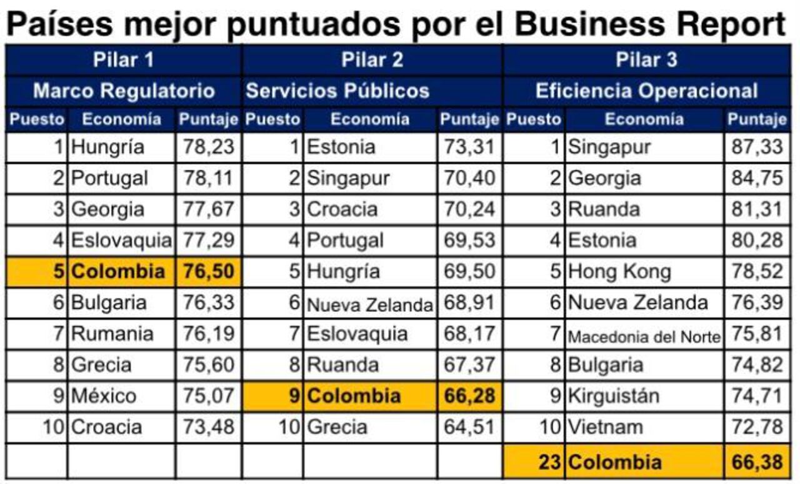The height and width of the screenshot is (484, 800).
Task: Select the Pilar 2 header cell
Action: [x=372, y=60]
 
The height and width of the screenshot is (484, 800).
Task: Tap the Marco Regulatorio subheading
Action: [x=124, y=91]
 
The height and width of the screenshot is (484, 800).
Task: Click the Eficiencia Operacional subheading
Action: [x=646, y=91]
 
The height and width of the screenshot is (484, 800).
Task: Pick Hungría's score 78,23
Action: [x=208, y=147]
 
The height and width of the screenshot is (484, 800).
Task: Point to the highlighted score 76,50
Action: [x=208, y=272]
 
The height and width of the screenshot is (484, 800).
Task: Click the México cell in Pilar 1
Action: [x=104, y=396]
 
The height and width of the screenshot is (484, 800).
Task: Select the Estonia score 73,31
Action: [x=469, y=147]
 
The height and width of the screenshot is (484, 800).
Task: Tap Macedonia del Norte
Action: [x=644, y=337]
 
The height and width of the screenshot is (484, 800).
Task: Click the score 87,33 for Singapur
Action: [x=757, y=147]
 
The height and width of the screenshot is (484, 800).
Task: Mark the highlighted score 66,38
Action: [x=757, y=463]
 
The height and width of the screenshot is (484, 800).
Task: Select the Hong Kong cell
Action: [x=619, y=272]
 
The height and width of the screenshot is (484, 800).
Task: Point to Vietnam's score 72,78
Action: [x=757, y=427]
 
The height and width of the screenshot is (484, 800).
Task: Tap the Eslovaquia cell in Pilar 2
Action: [x=357, y=333]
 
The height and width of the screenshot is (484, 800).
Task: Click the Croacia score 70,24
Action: [x=469, y=209]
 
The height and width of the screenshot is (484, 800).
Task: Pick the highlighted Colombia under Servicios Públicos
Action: [x=354, y=396]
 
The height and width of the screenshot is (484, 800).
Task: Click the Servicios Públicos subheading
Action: [x=337, y=91]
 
